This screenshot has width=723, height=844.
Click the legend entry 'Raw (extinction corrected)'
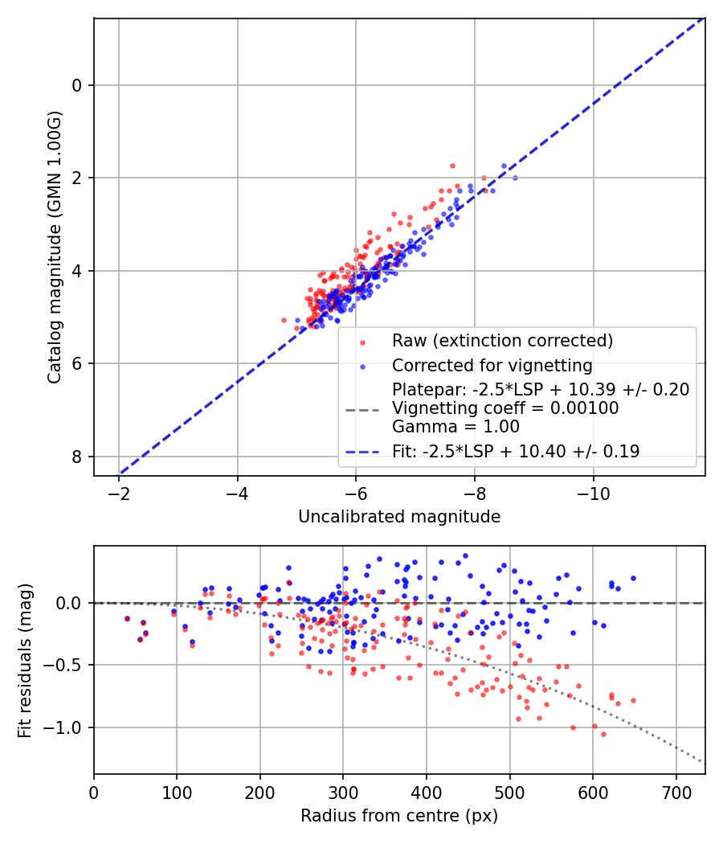(502, 340)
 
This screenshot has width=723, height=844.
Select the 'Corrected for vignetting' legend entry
(492, 366)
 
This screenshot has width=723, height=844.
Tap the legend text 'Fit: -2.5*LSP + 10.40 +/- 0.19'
(516, 451)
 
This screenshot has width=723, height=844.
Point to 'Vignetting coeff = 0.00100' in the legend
(505, 408)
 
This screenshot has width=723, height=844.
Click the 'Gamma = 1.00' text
(455, 427)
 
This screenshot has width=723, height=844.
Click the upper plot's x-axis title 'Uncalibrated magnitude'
(399, 517)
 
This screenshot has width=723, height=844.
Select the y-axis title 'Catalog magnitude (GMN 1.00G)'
(54, 247)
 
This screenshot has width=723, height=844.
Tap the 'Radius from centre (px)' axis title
(399, 816)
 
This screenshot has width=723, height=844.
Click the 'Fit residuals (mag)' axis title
(25, 660)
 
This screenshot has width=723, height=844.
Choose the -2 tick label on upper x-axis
(119, 492)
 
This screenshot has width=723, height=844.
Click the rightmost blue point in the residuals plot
(633, 578)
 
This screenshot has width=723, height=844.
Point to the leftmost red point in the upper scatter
(284, 320)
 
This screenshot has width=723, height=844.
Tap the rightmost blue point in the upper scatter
(515, 178)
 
